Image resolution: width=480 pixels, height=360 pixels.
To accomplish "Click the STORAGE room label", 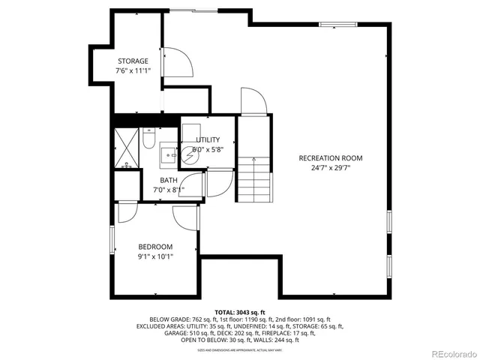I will [x=132, y=61].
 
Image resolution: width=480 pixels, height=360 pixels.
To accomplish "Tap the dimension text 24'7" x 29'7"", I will [x=330, y=169].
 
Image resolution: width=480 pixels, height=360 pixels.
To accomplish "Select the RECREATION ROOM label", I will [x=330, y=158].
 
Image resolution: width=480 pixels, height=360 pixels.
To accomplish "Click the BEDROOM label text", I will [x=155, y=247].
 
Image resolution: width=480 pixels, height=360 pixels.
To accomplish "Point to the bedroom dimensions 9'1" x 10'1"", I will [x=155, y=257].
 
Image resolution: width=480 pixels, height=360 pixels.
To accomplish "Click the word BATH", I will [x=169, y=180].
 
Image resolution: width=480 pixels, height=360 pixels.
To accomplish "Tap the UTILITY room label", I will [x=208, y=140].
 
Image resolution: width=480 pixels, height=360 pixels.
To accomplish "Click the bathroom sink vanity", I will [x=169, y=154].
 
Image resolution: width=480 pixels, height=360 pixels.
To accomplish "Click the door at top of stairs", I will [x=251, y=103].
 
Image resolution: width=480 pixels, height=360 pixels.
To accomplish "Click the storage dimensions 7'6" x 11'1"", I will [x=132, y=70].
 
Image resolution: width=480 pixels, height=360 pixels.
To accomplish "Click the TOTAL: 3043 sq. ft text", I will [x=239, y=312].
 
